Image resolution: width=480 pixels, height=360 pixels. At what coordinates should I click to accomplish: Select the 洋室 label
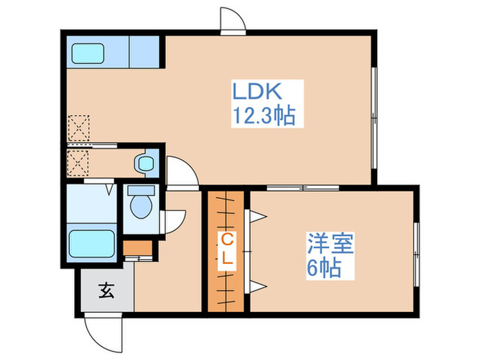(x=331, y=244)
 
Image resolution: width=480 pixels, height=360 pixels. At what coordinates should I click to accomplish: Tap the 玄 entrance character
(x=105, y=291)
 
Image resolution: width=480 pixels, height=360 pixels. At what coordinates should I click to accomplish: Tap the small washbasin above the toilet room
(x=145, y=163)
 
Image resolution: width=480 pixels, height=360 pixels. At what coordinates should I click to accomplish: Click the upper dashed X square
(x=80, y=128)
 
